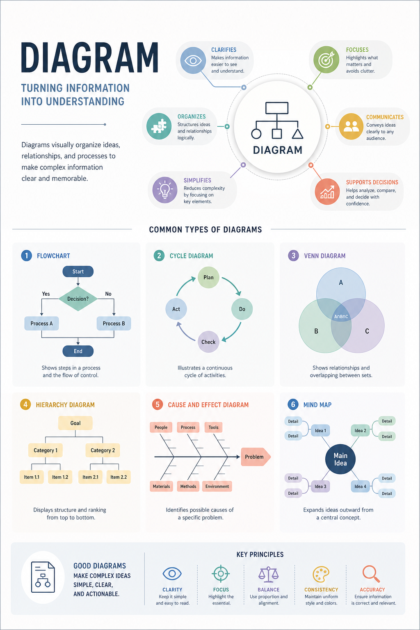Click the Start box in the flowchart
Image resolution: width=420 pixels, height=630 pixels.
[78, 272]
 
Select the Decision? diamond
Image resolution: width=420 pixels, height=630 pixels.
[78, 299]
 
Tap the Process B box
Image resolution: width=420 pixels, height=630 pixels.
[114, 324]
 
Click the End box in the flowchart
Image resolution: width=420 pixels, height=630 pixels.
[78, 351]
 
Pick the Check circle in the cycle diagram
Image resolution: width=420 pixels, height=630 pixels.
[208, 342]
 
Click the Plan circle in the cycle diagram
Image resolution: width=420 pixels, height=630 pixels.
[208, 277]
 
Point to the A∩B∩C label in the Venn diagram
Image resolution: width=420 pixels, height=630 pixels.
[341, 316]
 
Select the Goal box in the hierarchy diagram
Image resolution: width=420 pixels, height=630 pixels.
[75, 423]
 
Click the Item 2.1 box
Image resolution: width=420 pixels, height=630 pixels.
[90, 477]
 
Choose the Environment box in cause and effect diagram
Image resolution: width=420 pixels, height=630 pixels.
[217, 486]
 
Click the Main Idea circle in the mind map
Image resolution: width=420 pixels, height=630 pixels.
[340, 459]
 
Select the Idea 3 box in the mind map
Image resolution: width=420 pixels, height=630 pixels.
[320, 486]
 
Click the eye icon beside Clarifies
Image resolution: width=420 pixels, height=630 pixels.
[193, 60]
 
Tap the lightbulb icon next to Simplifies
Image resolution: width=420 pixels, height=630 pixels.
[165, 190]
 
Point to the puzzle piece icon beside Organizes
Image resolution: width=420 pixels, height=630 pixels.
[159, 126]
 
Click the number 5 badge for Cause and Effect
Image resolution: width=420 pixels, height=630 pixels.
[157, 404]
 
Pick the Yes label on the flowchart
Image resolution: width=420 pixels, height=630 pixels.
[46, 294]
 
